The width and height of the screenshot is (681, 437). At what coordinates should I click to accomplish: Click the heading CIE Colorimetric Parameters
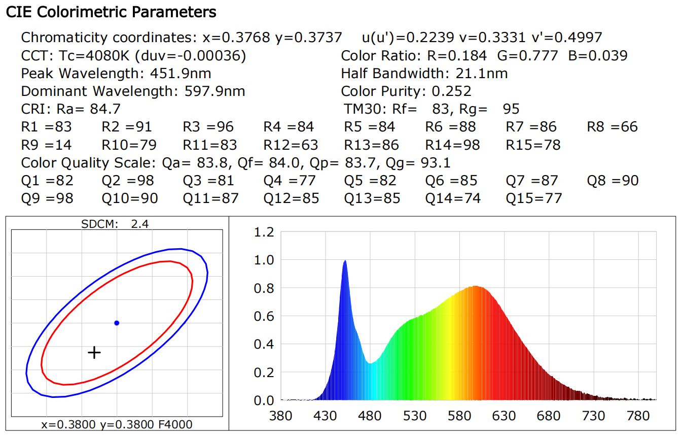(111, 12)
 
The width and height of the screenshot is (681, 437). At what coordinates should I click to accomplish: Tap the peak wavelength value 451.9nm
(181, 74)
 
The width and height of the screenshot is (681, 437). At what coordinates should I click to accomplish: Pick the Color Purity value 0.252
(451, 91)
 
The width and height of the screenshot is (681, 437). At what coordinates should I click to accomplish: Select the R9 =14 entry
(47, 145)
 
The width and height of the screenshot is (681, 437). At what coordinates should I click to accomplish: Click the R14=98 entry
(452, 145)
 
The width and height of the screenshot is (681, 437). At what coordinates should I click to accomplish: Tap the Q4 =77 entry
(290, 180)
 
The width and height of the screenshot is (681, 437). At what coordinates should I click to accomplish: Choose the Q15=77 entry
(533, 198)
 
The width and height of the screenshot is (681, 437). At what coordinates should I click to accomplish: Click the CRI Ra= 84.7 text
(71, 109)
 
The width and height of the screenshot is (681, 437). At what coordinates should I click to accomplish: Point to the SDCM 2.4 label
(115, 224)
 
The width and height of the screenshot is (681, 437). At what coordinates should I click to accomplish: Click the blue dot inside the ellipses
(117, 323)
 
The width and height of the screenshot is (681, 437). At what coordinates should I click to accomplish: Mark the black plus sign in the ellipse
(94, 352)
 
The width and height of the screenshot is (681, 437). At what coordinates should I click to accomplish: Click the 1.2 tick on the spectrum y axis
(263, 232)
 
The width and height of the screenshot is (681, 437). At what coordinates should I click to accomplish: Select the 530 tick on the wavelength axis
(415, 416)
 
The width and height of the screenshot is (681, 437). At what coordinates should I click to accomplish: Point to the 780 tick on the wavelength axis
(638, 416)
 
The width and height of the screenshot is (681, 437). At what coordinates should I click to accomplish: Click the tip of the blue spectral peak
(345, 261)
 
